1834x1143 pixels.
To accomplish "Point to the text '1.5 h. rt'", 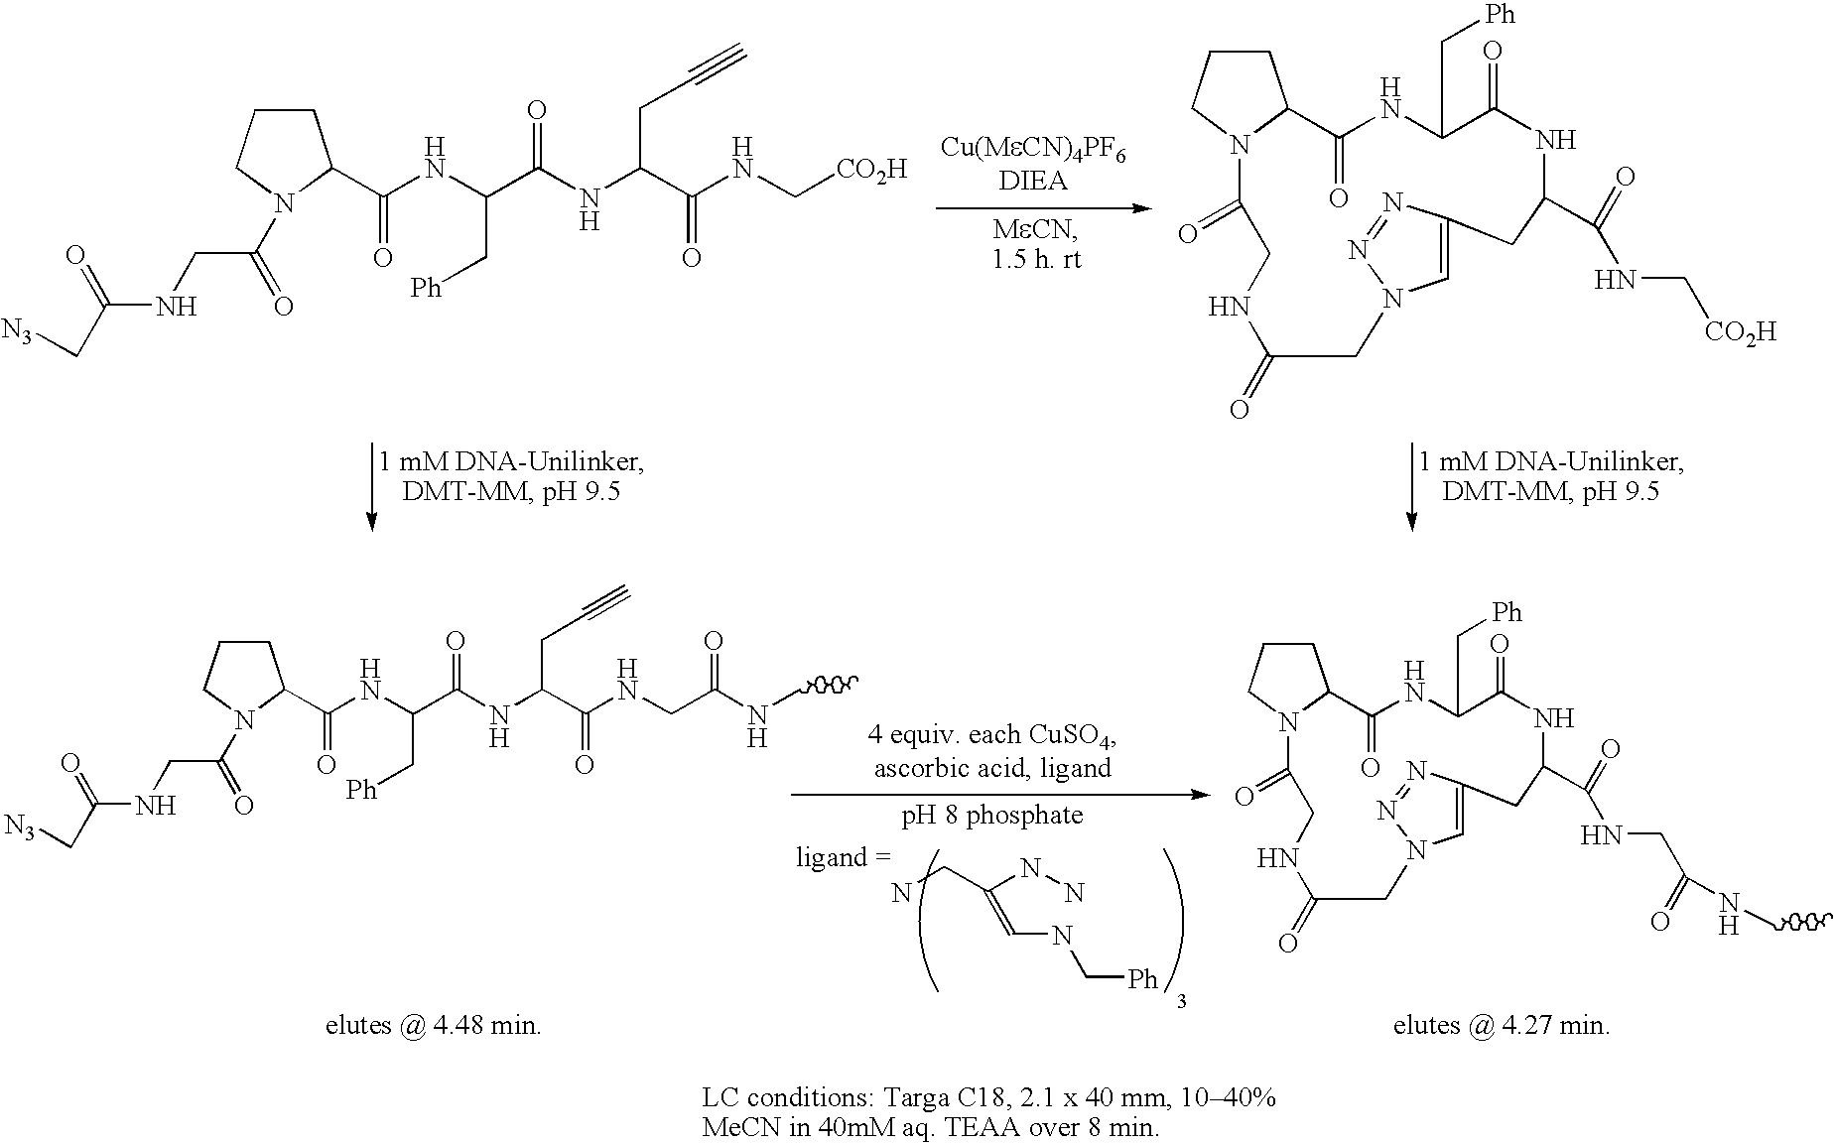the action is (1032, 260).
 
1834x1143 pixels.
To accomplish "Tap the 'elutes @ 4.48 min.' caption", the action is (434, 1025).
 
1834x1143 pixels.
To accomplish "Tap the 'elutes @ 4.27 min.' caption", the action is (1502, 1025).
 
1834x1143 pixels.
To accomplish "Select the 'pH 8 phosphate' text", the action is (992, 816).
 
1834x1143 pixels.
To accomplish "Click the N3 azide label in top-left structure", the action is (20, 332).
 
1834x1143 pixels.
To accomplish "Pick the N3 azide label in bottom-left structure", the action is (21, 826).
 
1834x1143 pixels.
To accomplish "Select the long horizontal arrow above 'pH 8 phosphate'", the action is (1000, 795).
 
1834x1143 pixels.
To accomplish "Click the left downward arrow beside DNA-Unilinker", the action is (371, 483).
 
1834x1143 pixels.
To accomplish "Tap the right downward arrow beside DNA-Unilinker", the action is (1412, 483).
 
